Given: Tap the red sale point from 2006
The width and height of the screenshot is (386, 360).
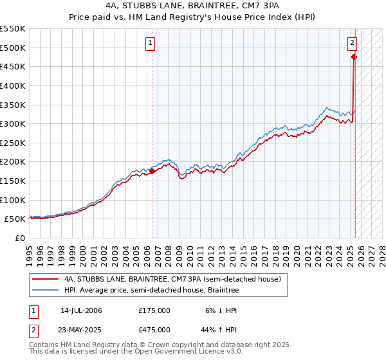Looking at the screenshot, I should (x=152, y=171).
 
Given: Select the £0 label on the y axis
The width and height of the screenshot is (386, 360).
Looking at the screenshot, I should (x=19, y=238).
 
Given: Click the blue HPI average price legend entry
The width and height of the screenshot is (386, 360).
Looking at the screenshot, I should (x=151, y=291).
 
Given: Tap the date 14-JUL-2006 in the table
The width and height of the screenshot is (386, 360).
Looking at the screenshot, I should (x=81, y=310).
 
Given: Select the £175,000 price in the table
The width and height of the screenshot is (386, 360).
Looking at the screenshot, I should (x=154, y=310).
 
